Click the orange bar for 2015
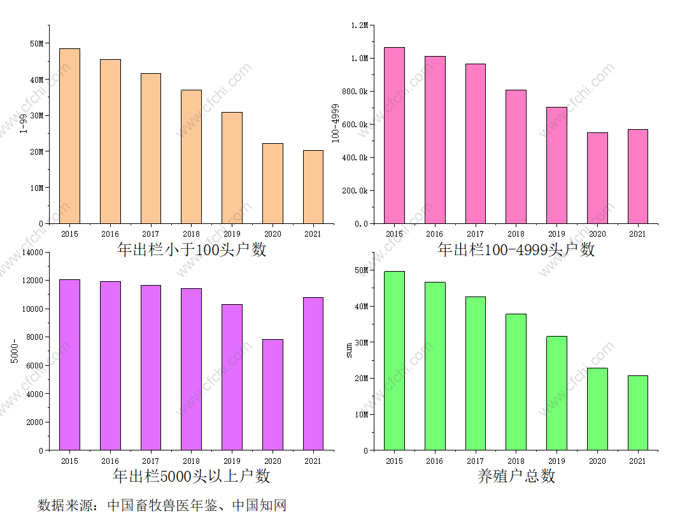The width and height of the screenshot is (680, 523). [x=69, y=136]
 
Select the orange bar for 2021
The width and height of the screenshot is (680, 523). [x=313, y=187]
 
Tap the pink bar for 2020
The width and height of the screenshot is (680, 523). [x=597, y=178]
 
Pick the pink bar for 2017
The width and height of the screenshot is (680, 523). [x=476, y=144]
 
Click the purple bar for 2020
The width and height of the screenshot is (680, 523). [x=273, y=394]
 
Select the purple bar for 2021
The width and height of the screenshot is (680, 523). [x=313, y=373]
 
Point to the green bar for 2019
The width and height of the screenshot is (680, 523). [x=556, y=393]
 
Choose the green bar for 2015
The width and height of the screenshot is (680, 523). [x=394, y=361]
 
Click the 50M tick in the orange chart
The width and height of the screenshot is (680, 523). [x=37, y=44]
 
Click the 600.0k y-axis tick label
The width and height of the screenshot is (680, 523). [x=354, y=125]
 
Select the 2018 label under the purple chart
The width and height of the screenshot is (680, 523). [x=191, y=461]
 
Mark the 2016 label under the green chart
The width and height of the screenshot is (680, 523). [x=434, y=461]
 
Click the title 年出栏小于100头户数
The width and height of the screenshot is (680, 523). [x=192, y=249]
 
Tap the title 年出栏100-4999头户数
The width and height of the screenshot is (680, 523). [x=516, y=249]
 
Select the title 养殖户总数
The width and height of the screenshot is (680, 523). [x=516, y=476]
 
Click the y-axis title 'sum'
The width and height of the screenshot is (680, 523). [x=349, y=351]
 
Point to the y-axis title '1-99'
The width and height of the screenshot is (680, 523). [x=24, y=124]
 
